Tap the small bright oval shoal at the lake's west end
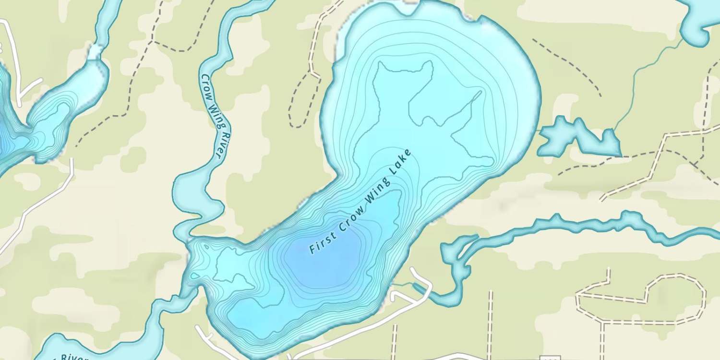194,276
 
